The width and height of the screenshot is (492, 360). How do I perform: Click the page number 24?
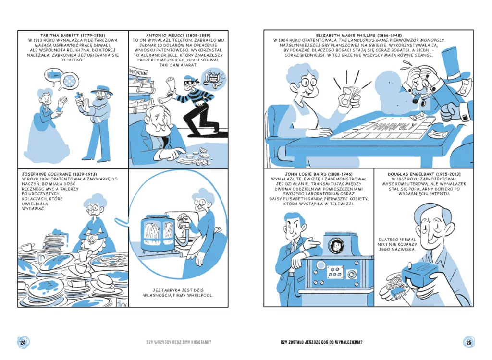[23, 342]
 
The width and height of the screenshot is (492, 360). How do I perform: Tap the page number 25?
[469, 342]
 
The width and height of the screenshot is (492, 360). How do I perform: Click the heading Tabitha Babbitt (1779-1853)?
[73, 36]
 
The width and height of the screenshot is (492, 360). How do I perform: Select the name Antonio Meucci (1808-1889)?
[178, 36]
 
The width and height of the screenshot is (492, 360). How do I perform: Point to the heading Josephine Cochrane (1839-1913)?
[59, 174]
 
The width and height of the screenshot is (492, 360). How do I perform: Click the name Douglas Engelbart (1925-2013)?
[424, 174]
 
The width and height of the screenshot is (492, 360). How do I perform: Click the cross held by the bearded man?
[78, 97]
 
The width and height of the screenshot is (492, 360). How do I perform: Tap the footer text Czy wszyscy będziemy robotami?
[179, 342]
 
